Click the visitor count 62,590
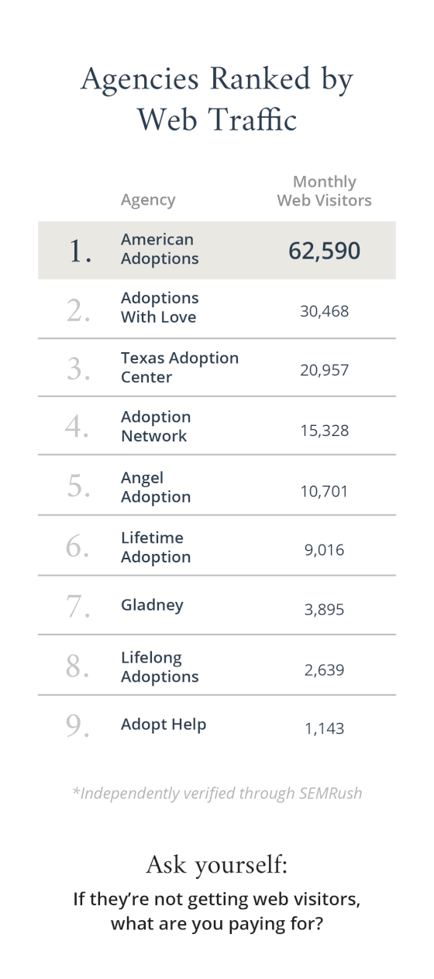click(324, 251)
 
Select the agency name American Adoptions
click(160, 249)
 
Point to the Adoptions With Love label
click(160, 308)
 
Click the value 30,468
click(324, 311)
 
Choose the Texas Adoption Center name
click(179, 368)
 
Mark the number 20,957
click(324, 370)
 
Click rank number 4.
click(77, 427)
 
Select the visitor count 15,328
click(324, 430)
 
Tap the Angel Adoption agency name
click(155, 488)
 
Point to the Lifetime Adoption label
click(155, 547)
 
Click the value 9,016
click(324, 550)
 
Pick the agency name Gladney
click(152, 605)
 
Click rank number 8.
click(77, 666)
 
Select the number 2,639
click(324, 669)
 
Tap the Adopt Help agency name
click(164, 725)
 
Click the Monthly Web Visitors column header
click(324, 191)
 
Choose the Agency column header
click(148, 200)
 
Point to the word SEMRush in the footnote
click(329, 794)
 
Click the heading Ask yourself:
click(216, 864)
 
